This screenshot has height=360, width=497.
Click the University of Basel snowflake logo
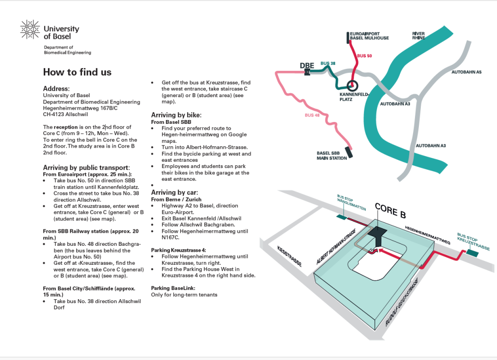pyautogui.click(x=30, y=30)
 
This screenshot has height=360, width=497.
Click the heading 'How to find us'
pyautogui.click(x=77, y=72)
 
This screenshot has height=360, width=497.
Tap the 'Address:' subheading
pyautogui.click(x=56, y=89)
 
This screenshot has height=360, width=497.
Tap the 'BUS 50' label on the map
pyautogui.click(x=364, y=56)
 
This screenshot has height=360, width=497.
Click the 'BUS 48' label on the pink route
pyautogui.click(x=312, y=115)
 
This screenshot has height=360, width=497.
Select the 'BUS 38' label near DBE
pyautogui.click(x=328, y=64)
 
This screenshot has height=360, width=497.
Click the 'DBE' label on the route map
pyautogui.click(x=307, y=66)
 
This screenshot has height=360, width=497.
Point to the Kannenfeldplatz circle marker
pyautogui.click(x=352, y=86)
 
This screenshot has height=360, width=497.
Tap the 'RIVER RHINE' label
pyautogui.click(x=418, y=35)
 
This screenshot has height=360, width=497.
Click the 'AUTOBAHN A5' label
pyautogui.click(x=466, y=72)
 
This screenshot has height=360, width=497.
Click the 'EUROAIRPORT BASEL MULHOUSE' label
pyautogui.click(x=369, y=35)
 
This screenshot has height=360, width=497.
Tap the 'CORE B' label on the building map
pyautogui.click(x=390, y=210)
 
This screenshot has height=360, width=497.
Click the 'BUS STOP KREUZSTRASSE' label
pyautogui.click(x=473, y=241)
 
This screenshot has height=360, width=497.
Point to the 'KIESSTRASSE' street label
pyautogui.click(x=289, y=256)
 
